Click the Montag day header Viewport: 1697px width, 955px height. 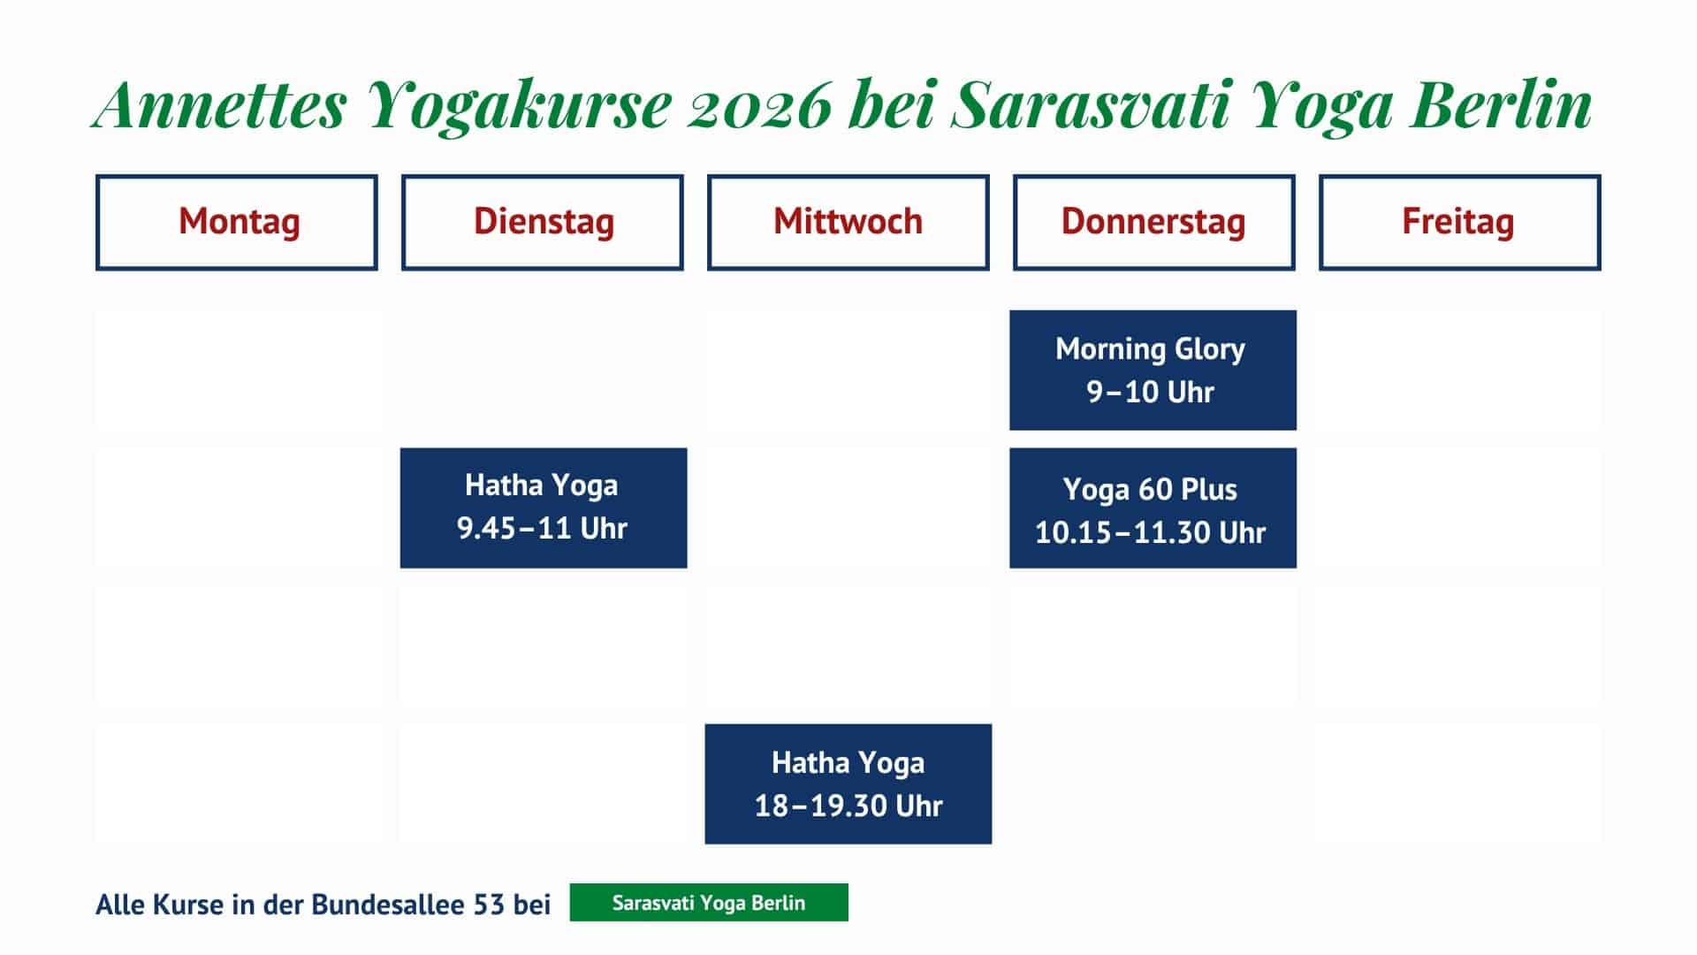[x=237, y=222]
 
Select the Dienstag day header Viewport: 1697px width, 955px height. [x=543, y=222]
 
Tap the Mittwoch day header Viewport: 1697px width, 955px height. [x=848, y=222]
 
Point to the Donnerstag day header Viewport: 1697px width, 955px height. [x=1154, y=222]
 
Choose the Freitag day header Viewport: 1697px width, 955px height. [x=1460, y=222]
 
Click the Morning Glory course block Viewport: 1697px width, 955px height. [x=1153, y=370]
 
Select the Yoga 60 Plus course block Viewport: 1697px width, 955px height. [x=1153, y=508]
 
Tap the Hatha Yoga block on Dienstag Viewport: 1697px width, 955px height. [x=544, y=508]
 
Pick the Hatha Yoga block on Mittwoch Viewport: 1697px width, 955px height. [x=848, y=784]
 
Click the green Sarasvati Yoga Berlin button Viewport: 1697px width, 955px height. [x=709, y=903]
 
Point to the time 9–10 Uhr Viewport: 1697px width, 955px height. [x=1151, y=392]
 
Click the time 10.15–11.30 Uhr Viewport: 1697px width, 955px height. [x=1151, y=532]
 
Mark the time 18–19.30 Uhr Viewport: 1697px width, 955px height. [x=848, y=806]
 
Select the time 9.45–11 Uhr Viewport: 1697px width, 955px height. [x=542, y=528]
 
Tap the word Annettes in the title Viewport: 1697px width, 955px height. [x=219, y=105]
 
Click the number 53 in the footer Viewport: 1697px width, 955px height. [x=490, y=905]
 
